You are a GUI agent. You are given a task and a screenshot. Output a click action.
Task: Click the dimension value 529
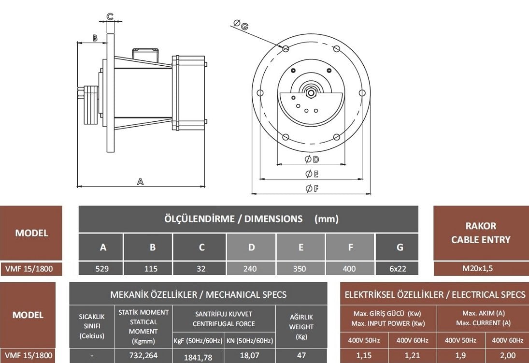[101, 269]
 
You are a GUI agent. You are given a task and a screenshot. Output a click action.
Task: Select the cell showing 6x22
[398, 269]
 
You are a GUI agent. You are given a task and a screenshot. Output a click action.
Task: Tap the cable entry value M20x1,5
[480, 269]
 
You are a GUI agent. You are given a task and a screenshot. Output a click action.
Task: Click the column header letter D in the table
[251, 247]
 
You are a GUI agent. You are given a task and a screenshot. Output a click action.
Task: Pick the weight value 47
[301, 355]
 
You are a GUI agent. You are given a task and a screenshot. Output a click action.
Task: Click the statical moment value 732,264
[143, 355]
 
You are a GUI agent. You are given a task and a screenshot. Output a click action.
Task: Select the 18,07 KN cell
[249, 355]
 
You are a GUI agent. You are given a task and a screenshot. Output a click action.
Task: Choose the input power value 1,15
[365, 355]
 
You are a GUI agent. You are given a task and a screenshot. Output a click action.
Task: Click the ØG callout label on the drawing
[241, 25]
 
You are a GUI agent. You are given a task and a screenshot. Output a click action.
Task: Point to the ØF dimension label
[312, 189]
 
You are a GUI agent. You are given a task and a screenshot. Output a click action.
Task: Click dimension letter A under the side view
[140, 181]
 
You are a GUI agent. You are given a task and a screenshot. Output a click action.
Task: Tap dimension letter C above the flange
[110, 16]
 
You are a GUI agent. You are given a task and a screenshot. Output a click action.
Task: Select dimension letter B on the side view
[95, 38]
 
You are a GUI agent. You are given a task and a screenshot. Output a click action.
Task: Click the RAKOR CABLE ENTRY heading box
[480, 232]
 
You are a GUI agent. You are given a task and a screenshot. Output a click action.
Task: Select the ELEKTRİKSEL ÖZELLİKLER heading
[434, 294]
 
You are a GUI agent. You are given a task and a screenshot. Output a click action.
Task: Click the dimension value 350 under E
[300, 269]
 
